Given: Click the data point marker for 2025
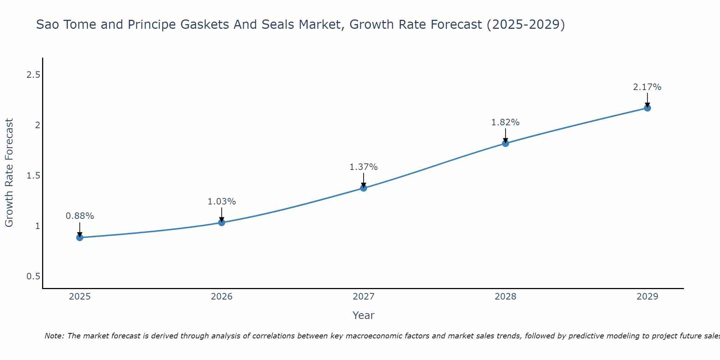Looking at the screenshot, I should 80,238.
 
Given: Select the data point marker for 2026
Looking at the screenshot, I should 221,222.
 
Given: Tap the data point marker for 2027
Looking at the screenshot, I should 364,188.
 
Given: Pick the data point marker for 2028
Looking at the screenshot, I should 505,143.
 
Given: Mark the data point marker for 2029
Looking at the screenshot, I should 647,108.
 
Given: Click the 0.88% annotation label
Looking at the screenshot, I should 80,216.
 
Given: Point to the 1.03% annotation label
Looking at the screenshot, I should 221,202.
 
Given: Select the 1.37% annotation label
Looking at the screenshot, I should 364,167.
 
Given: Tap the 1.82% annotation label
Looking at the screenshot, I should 505,122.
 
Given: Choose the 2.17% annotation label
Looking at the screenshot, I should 647,87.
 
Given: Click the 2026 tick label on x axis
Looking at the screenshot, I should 221,297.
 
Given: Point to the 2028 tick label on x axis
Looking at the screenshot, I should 505,297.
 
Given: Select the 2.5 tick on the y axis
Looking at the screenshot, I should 33,75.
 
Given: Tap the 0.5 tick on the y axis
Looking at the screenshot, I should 33,276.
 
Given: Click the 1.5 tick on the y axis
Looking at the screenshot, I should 33,176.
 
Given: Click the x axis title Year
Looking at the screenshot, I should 364,315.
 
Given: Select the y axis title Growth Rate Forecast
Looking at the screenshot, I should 9,173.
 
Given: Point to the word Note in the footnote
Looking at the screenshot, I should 54,336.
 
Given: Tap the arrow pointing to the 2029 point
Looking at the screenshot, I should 647,100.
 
